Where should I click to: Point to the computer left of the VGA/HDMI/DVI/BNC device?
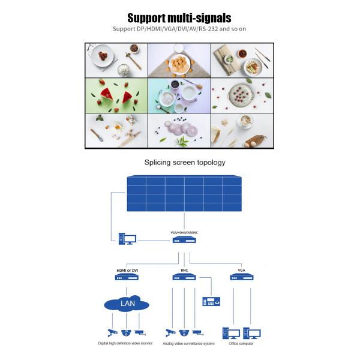126,239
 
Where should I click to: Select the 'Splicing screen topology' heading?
185,162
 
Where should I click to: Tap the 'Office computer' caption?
241,344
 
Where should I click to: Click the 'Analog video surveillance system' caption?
189,344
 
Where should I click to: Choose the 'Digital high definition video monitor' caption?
125,344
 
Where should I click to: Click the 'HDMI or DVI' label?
127,271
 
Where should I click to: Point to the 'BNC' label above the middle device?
184,271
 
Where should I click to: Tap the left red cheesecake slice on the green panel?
110,95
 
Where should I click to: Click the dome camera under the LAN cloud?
125,332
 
